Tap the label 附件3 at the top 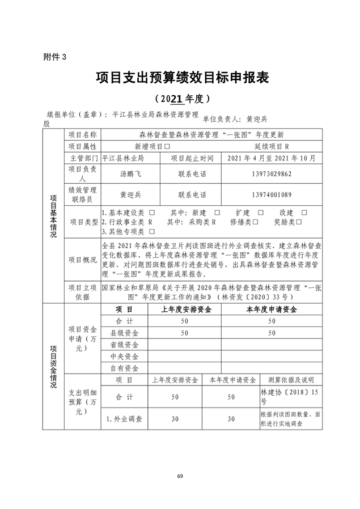click(55, 57)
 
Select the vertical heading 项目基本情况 click(53, 215)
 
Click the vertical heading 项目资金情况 click(53, 366)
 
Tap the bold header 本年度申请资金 click(271, 309)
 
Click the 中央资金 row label click(124, 356)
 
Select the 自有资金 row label click(124, 368)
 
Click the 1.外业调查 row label click(124, 419)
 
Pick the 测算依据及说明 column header click(290, 380)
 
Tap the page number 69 click(180, 475)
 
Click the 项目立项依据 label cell click(83, 291)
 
